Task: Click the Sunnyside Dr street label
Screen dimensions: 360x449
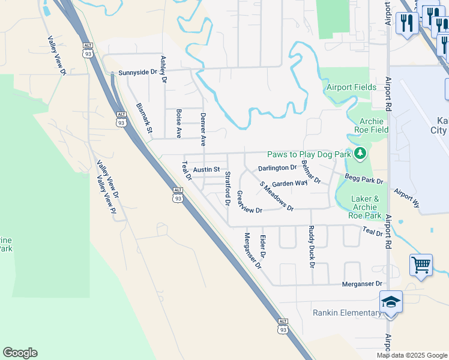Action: (137, 72)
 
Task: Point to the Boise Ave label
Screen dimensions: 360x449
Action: (179, 123)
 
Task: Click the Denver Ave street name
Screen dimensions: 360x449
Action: (203, 129)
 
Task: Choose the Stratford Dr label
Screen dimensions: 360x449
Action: (228, 188)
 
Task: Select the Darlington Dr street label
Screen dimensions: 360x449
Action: (277, 168)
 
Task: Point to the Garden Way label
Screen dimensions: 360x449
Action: (289, 184)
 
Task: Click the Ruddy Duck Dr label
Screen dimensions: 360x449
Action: (312, 246)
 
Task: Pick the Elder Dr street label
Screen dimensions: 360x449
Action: (263, 247)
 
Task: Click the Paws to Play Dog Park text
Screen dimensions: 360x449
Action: (309, 154)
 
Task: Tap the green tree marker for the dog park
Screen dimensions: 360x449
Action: (360, 154)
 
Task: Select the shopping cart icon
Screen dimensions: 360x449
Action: (421, 265)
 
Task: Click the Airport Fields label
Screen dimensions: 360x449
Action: (351, 87)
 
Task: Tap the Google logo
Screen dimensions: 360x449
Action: (20, 353)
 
